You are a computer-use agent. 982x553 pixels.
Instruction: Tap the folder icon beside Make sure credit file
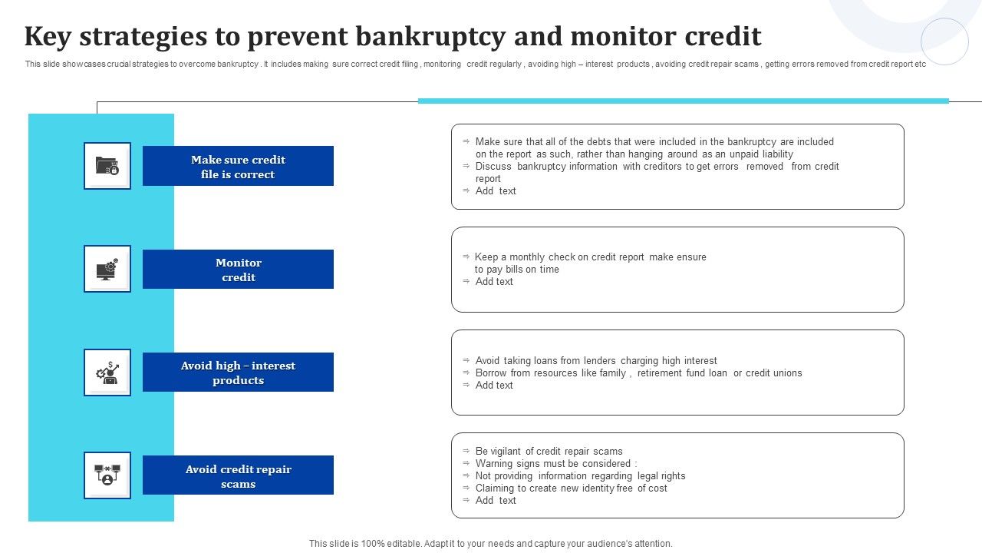(x=107, y=166)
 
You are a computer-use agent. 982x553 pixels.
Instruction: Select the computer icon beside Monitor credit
(x=107, y=269)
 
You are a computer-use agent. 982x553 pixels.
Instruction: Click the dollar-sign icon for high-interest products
(x=107, y=373)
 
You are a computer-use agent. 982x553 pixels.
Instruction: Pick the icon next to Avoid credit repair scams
(x=107, y=475)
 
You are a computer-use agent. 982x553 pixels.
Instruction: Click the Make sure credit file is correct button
(x=238, y=167)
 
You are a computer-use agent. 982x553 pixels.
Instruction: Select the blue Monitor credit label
(x=238, y=270)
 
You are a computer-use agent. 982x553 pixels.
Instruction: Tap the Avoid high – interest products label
(x=238, y=373)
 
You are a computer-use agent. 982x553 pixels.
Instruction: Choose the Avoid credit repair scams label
(x=238, y=476)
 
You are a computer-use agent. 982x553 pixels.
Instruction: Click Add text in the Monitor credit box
(x=494, y=282)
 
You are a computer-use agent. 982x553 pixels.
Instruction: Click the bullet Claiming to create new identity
(x=571, y=488)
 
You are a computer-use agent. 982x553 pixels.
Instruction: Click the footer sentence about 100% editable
(x=491, y=544)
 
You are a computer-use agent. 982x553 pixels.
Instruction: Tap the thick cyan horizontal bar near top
(x=683, y=101)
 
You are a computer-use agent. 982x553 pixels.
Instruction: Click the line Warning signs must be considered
(x=556, y=464)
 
